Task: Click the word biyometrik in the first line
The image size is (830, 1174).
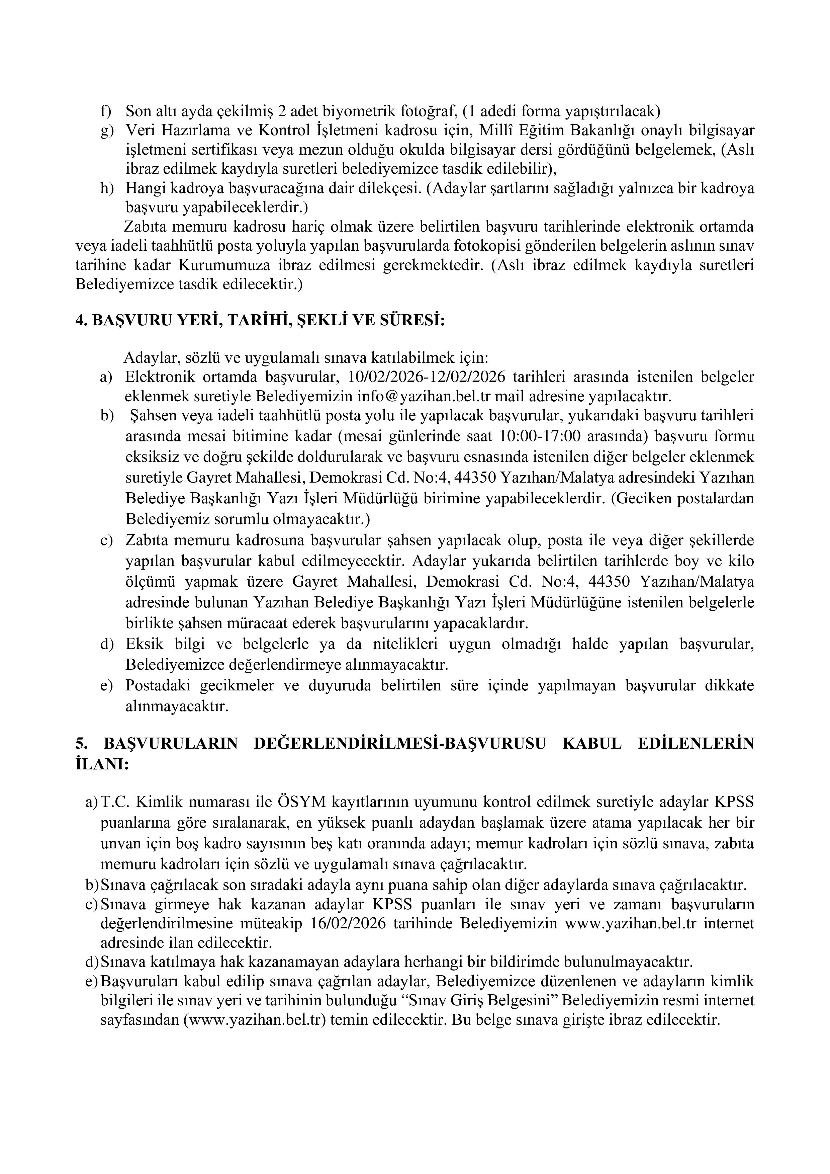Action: coord(358,110)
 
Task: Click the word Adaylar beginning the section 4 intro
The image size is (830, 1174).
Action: coord(148,356)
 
